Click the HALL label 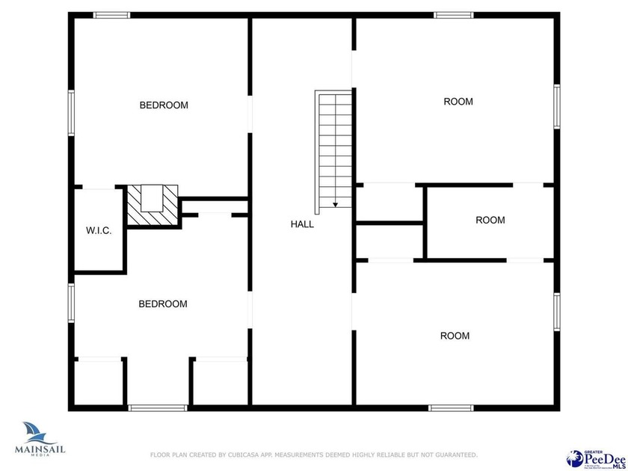coord(302,224)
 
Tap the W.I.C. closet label coord(99,231)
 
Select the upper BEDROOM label coord(164,105)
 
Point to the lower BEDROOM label coord(163,304)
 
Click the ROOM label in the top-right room coord(458,102)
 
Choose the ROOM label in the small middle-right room coord(490,221)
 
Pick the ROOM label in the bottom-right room coord(455,336)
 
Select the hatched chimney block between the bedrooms coord(153,206)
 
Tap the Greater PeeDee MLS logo coord(597,457)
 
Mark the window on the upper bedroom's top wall coord(111,15)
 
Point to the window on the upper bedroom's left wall coord(72,113)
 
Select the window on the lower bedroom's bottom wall coord(158,408)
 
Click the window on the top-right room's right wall coord(556,107)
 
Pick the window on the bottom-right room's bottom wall coord(451,408)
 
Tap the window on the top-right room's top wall coord(454,15)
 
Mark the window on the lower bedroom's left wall coord(72,302)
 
